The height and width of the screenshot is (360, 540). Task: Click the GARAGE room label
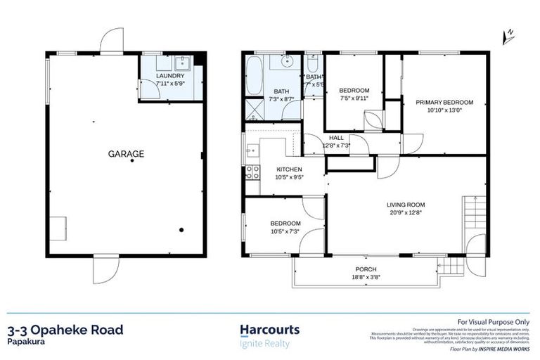point(126,153)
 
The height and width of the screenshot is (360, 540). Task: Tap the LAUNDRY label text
point(170,75)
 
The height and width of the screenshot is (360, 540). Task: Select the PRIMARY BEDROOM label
point(444,103)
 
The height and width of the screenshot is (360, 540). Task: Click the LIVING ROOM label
point(406,205)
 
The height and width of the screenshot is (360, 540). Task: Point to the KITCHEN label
point(289,169)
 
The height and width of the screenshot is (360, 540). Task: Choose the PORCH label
point(366,269)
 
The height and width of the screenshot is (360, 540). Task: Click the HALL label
point(336,138)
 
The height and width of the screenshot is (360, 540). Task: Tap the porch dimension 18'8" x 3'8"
point(366,278)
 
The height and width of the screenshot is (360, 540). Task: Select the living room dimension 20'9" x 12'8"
point(406,214)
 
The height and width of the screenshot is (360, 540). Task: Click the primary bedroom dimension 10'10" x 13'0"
point(444,110)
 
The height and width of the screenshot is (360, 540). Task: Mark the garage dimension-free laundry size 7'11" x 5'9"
point(170,83)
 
